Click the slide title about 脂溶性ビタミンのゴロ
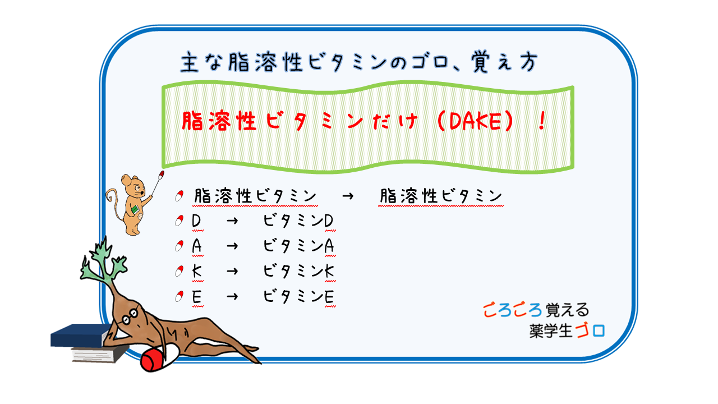[359, 63]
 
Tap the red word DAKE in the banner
[476, 122]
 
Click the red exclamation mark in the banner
[541, 122]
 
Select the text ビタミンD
[299, 222]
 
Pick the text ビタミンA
[299, 247]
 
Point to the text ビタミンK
[299, 272]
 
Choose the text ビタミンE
[299, 296]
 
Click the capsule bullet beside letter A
[179, 246]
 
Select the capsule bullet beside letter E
[179, 296]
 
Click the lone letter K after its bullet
[197, 272]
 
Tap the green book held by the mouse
[135, 210]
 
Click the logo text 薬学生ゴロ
[567, 330]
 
